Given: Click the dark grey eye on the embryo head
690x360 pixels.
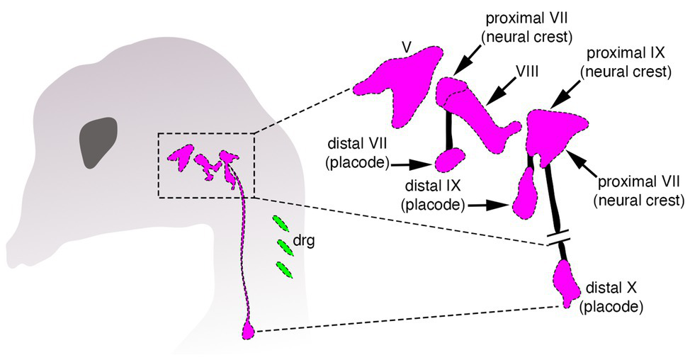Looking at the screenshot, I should click(98, 142).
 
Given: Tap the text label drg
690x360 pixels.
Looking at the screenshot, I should click(305, 240).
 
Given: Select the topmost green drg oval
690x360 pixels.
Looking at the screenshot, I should click(281, 225).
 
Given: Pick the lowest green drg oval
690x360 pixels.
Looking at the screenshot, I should click(285, 270).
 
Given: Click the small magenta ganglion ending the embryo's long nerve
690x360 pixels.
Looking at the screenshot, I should click(249, 330).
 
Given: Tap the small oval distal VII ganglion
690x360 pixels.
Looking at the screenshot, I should click(448, 160).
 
